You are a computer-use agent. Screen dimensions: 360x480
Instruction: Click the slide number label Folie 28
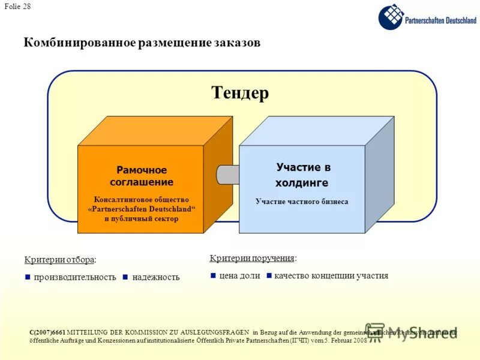click(x=18, y=7)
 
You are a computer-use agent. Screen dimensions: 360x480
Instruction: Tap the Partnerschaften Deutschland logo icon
click(x=391, y=17)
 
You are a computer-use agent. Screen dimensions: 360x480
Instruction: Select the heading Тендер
click(x=240, y=93)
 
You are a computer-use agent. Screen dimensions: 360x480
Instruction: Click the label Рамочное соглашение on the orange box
click(x=142, y=176)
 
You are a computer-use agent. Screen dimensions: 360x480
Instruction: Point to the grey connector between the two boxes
click(x=228, y=174)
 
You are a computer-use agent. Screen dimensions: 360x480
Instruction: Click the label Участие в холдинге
click(x=303, y=175)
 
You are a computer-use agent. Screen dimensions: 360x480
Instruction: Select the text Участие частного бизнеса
click(x=302, y=202)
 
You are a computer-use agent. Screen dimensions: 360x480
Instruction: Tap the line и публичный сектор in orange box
click(x=142, y=219)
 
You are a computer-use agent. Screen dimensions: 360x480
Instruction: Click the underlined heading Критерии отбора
click(x=59, y=259)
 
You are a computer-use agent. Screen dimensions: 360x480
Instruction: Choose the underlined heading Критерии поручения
click(x=252, y=258)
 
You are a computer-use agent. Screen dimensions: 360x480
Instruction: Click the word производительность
click(x=74, y=277)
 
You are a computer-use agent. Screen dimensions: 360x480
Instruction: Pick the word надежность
click(x=156, y=277)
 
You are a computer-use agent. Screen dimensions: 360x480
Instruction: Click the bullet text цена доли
click(x=239, y=276)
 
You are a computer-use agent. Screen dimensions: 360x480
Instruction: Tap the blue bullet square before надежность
click(x=125, y=277)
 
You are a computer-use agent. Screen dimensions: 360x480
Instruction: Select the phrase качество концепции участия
click(x=331, y=276)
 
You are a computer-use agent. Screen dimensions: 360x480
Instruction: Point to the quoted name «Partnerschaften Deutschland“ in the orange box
click(x=142, y=209)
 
